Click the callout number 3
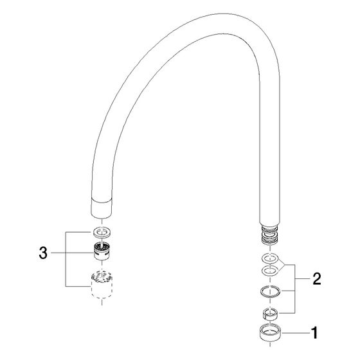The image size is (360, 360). pyautogui.click(x=43, y=253)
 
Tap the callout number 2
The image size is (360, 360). pyautogui.click(x=317, y=279)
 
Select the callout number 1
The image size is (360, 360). pyautogui.click(x=314, y=333)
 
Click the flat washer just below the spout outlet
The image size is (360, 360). pyautogui.click(x=102, y=232)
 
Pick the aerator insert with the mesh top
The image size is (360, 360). pyautogui.click(x=102, y=251)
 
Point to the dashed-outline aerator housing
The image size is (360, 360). pyautogui.click(x=102, y=285)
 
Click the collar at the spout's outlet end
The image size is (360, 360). pyautogui.click(x=102, y=208)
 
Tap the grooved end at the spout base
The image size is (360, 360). pyautogui.click(x=270, y=235)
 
